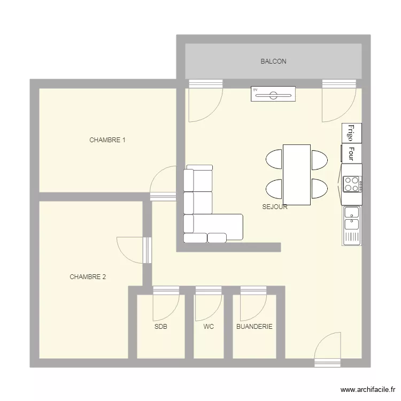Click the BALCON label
click(x=273, y=61)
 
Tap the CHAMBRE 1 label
click(x=107, y=140)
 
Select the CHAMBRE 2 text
click(x=88, y=277)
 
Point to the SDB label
click(x=161, y=327)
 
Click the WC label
click(x=209, y=327)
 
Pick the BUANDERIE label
click(x=254, y=327)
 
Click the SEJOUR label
click(x=275, y=207)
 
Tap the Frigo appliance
click(x=352, y=133)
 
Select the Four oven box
click(x=351, y=153)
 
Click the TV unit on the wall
click(x=273, y=94)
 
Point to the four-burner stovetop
click(x=352, y=184)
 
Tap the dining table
click(x=297, y=175)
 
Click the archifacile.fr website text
click(x=368, y=390)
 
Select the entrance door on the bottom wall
click(x=328, y=350)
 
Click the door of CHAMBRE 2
click(x=134, y=250)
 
